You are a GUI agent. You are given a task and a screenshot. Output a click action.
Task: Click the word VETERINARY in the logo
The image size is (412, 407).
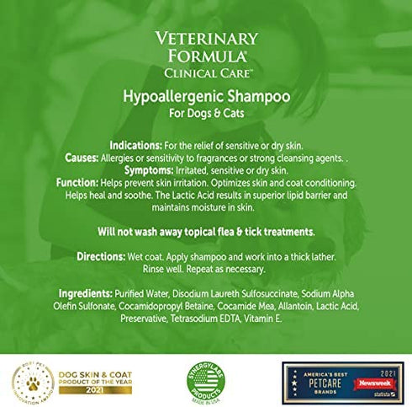tap(205, 40)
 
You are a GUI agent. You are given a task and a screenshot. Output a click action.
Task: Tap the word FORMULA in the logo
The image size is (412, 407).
tap(205, 56)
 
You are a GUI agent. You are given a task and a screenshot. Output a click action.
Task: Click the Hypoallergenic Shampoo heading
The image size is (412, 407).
tap(206, 96)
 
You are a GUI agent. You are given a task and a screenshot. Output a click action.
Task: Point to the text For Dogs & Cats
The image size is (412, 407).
tap(206, 114)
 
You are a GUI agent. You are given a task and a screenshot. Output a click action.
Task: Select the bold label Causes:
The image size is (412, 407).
tap(82, 157)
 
